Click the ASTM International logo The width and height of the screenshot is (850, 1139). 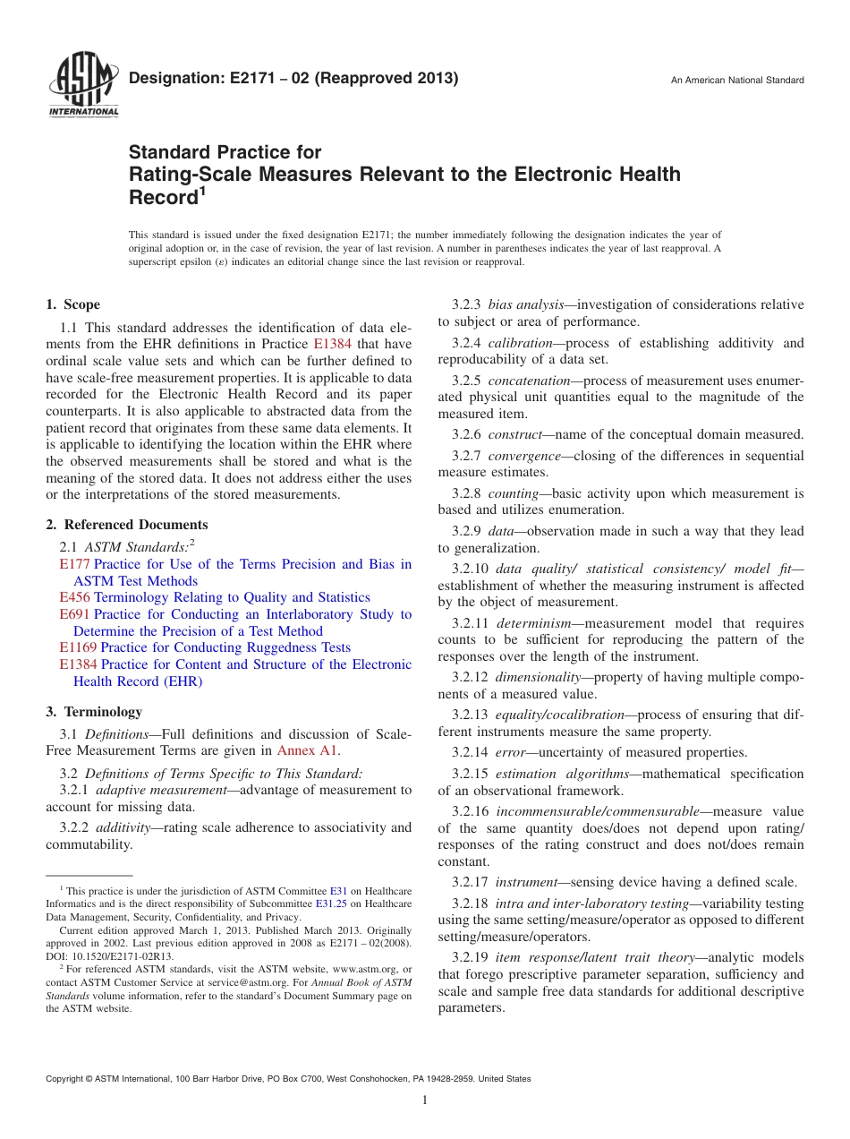click(x=82, y=86)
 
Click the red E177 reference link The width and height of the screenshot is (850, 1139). click(x=74, y=564)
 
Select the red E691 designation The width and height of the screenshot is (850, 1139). click(x=74, y=614)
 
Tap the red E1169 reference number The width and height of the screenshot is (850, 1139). click(x=78, y=647)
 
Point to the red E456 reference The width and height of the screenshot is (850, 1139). click(x=74, y=597)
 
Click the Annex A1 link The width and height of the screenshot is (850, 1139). click(x=309, y=750)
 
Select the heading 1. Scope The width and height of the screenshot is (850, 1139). click(x=72, y=304)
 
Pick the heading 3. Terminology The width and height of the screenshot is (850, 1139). click(x=93, y=712)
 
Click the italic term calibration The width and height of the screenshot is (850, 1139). click(x=520, y=343)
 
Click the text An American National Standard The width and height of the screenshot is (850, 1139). click(x=737, y=81)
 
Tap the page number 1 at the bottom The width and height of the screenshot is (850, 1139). click(x=425, y=1100)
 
